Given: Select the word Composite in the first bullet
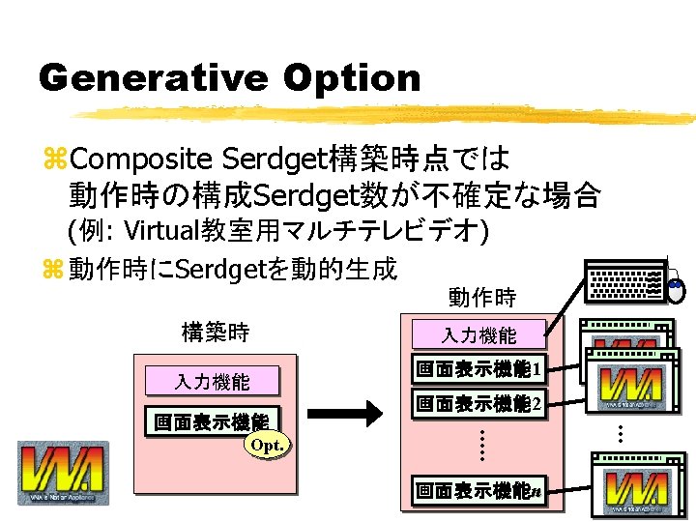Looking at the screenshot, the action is coord(141,158).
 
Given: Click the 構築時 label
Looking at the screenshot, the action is coord(215,333).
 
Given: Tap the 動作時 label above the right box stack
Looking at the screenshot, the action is coord(482,297).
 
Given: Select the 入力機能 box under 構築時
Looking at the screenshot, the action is coord(213,381).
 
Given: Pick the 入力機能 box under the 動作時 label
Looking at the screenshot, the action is coord(479,335).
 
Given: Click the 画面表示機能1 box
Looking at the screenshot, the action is coord(478,368).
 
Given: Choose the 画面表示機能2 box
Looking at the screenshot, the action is coord(478,403).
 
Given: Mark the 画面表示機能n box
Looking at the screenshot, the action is coord(478,490).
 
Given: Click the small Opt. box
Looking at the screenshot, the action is coord(267,445).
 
